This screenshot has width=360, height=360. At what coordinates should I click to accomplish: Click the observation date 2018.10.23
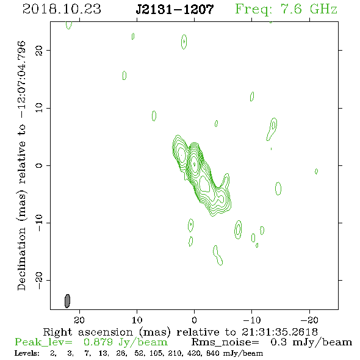coord(62,9)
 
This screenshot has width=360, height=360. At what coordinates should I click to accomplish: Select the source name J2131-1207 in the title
coord(175,9)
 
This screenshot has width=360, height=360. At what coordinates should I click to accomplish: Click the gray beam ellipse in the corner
coord(67,301)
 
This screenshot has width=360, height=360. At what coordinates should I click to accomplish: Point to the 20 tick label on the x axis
coord(79,320)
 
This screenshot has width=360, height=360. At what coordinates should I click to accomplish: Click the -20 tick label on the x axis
coord(309,320)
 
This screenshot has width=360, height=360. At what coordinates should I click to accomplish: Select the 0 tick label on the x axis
coord(194,320)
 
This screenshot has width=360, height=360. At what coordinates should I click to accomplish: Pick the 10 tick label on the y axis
coord(39,107)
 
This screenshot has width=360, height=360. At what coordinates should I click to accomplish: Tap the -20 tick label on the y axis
coord(39,281)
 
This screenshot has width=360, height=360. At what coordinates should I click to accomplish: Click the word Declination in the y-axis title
coord(21,259)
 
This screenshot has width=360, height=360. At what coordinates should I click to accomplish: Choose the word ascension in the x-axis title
coord(106,332)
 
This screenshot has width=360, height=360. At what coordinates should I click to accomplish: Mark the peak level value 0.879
coord(98,342)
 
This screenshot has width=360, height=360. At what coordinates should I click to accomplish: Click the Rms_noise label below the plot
coord(225,342)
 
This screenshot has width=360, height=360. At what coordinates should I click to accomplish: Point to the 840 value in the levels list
coord(214,353)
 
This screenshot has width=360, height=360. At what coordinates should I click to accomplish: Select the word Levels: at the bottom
coord(27,353)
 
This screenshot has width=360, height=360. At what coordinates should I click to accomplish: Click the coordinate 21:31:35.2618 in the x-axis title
coord(279,332)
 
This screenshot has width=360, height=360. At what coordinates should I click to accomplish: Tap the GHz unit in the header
coord(323,9)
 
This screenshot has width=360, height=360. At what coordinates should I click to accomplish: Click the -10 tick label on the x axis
coord(252,320)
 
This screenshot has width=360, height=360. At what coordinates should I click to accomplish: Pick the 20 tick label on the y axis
coord(39,51)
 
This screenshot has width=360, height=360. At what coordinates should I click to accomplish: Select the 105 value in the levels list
coord(156,353)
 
